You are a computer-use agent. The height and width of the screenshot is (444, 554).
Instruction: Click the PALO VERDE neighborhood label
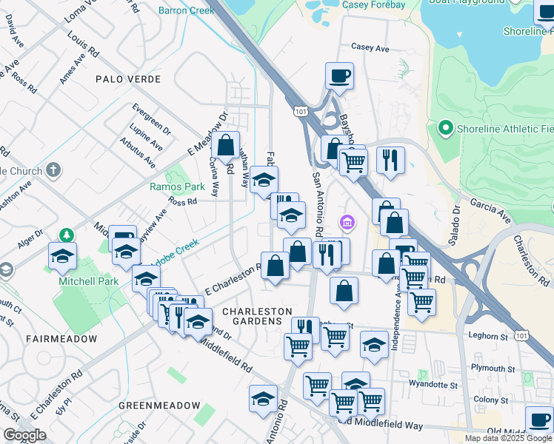(124, 78)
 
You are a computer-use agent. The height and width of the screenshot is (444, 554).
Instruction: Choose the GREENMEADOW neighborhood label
(159, 406)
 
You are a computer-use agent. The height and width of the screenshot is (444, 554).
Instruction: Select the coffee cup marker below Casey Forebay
(339, 76)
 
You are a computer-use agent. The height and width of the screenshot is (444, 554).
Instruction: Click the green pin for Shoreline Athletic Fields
(445, 128)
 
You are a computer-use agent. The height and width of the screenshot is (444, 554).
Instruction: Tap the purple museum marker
(346, 221)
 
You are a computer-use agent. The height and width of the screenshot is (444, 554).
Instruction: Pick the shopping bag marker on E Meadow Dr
(227, 145)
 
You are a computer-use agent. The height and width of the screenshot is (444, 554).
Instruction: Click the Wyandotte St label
(435, 384)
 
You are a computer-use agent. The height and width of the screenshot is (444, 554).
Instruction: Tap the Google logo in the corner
(24, 435)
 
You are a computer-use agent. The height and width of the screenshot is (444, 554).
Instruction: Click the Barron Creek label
(187, 11)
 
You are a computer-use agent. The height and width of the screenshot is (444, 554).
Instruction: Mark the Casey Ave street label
(370, 48)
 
